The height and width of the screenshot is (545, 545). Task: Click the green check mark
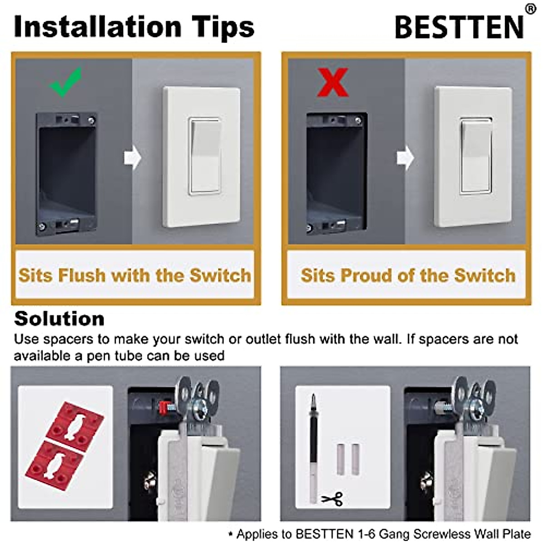click(66, 82)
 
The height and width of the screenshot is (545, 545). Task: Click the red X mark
click(332, 82)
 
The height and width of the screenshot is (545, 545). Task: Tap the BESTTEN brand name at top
click(460, 27)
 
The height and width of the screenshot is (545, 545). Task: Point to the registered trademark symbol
click(530, 9)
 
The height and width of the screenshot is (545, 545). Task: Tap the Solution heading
click(59, 319)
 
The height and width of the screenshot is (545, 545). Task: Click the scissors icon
click(332, 499)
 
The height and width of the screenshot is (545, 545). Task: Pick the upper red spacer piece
click(75, 421)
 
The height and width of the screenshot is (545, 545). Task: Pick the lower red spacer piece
click(55, 466)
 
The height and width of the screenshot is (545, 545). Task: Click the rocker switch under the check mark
click(204, 156)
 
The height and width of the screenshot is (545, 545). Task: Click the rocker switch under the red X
click(476, 156)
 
